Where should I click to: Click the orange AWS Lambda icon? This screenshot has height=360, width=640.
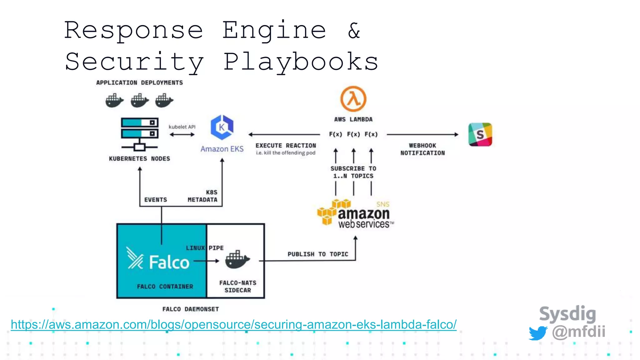(353, 99)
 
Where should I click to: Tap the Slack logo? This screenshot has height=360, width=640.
(480, 134)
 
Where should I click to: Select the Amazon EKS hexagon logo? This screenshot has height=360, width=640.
(222, 127)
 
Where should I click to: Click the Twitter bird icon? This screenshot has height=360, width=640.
(538, 333)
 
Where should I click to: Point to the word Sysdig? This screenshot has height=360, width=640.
(567, 314)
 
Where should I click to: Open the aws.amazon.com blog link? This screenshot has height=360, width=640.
(233, 325)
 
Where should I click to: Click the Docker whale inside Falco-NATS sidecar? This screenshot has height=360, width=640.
(237, 259)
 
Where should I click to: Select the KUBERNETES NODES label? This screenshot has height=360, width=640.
(139, 159)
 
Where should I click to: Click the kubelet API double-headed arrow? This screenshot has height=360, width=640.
(182, 135)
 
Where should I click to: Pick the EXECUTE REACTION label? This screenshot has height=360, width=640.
(286, 146)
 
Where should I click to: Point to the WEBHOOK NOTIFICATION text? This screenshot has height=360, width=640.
(422, 149)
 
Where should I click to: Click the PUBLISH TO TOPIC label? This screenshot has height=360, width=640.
(317, 254)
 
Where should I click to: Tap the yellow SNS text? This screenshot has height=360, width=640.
(383, 204)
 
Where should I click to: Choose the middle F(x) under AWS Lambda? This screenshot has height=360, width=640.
(353, 134)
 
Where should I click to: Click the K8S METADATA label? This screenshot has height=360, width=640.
(202, 196)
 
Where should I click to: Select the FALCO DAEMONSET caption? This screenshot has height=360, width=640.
(191, 309)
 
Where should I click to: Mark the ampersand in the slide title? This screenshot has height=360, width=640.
(354, 31)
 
